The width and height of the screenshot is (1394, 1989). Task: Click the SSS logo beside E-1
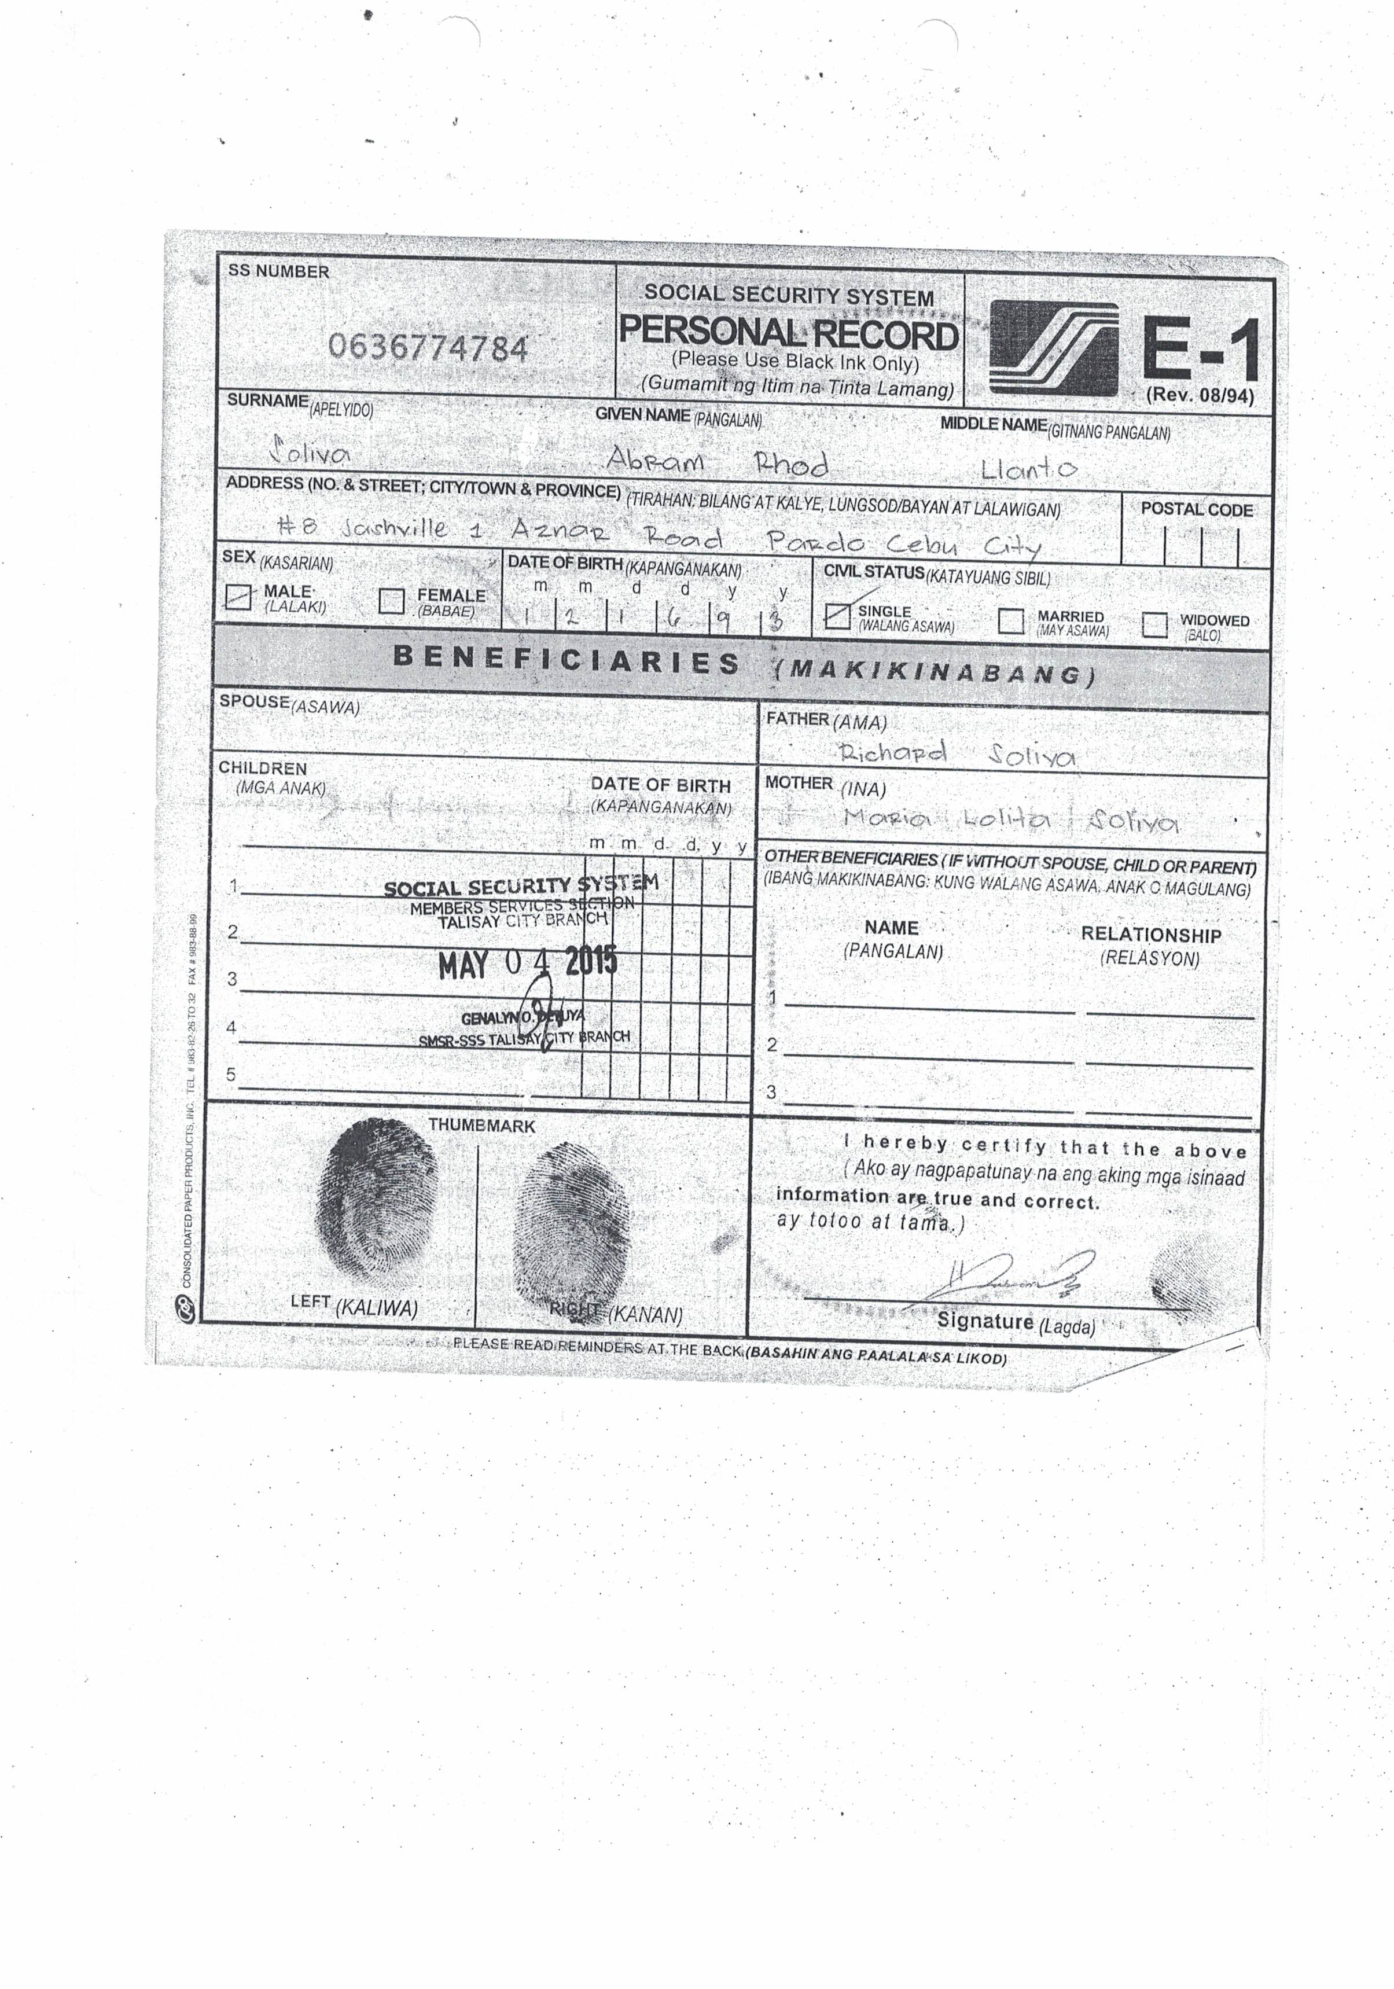[x=1054, y=348]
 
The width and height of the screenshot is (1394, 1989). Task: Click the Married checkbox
[x=1010, y=620]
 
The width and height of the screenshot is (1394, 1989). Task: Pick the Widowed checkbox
[x=1154, y=624]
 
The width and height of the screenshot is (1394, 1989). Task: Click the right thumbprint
[x=570, y=1223]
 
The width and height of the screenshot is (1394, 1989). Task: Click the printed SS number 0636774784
[x=428, y=348]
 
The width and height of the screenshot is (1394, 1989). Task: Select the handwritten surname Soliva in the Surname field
[x=310, y=452]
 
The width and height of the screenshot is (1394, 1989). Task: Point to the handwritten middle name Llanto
[x=1028, y=469]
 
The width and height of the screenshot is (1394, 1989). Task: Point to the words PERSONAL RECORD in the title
[x=788, y=333]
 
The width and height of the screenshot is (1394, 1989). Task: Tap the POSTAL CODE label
[x=1197, y=509]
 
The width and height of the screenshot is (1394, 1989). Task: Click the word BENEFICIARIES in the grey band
[x=566, y=660]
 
